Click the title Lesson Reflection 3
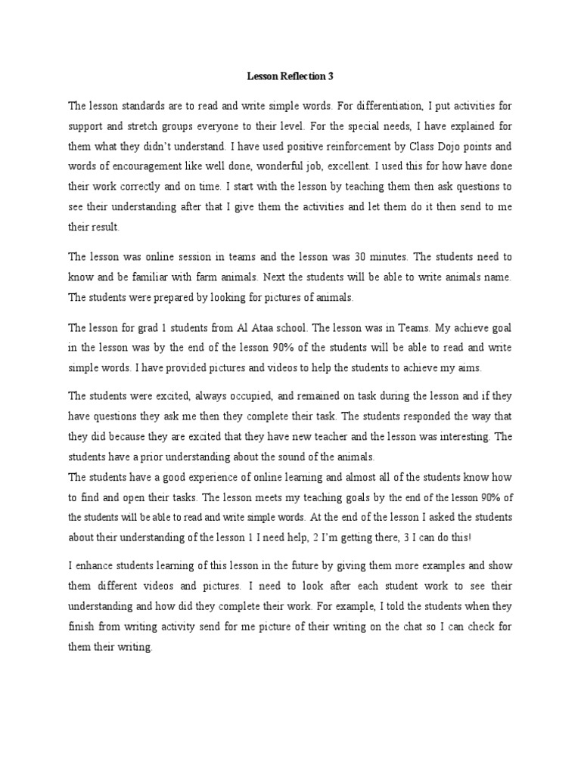click(290, 76)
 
